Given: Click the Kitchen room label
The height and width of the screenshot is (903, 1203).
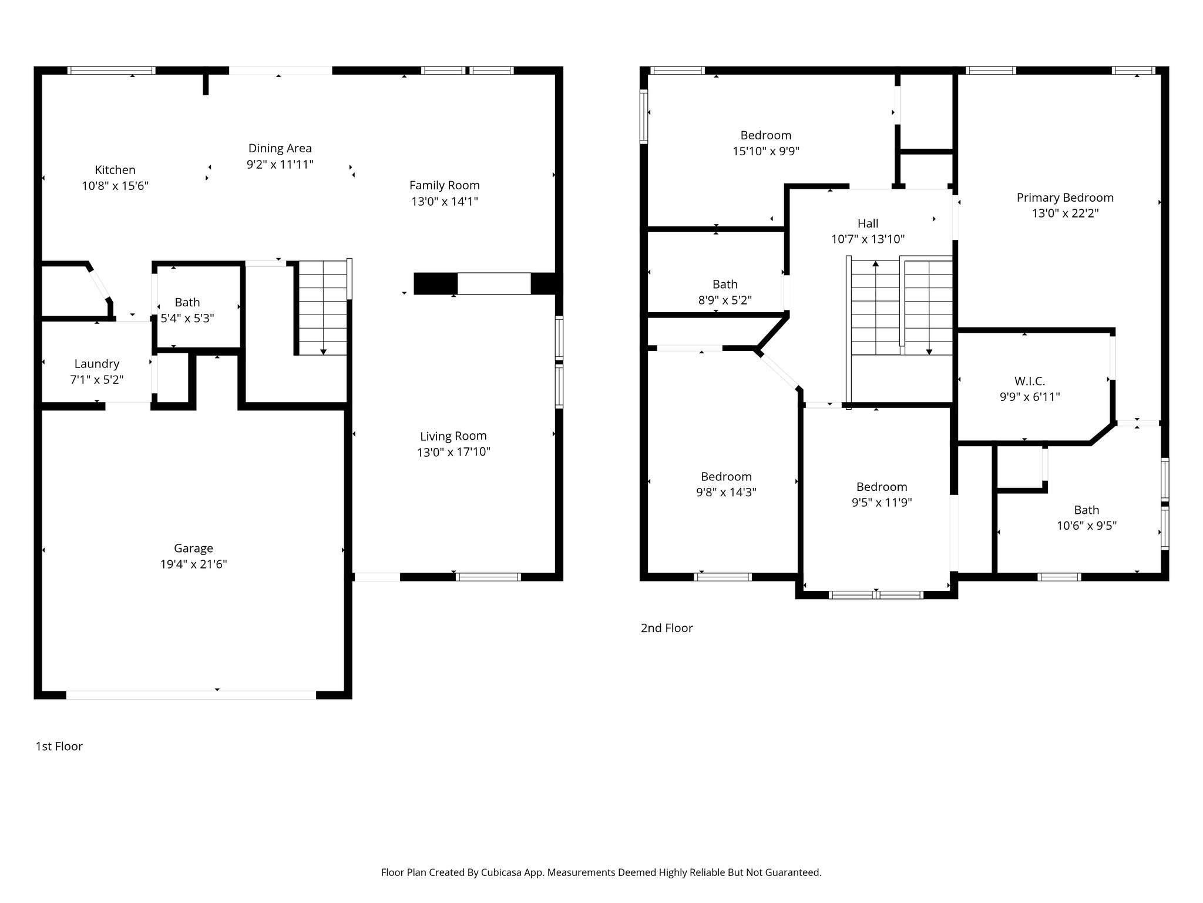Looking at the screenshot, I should (x=115, y=170).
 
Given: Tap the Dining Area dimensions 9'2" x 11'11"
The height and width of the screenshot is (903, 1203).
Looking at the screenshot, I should (x=280, y=165).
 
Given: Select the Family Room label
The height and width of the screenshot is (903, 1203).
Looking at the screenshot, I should (x=445, y=185).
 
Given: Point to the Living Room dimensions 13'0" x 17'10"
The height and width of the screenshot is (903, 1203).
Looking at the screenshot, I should (x=453, y=452).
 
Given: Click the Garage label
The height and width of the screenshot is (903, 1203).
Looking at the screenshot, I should (x=193, y=548).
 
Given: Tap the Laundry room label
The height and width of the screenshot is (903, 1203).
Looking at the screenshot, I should (x=97, y=364).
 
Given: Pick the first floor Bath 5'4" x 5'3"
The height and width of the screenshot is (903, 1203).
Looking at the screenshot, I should (x=187, y=310).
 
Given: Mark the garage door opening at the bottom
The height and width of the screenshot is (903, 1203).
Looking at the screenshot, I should (x=191, y=694).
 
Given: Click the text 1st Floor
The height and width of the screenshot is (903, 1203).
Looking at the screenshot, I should (x=59, y=746).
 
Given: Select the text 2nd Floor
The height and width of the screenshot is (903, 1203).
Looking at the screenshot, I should (x=667, y=628).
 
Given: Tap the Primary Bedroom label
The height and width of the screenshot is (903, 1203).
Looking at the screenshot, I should (x=1065, y=198).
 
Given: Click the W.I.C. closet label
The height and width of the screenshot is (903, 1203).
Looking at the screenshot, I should (x=1029, y=381).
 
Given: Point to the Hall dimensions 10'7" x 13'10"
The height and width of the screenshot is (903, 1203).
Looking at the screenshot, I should (x=868, y=239).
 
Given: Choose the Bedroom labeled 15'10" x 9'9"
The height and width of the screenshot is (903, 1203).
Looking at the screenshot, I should (x=765, y=143).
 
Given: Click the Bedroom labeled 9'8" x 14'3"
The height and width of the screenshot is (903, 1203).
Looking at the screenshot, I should (x=726, y=484).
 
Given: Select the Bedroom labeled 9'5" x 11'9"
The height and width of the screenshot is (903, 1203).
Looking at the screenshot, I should (x=881, y=494).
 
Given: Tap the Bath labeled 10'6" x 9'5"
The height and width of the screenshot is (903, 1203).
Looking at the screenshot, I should (x=1086, y=517).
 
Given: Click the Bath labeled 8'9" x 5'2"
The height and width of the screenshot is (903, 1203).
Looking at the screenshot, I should (x=725, y=292).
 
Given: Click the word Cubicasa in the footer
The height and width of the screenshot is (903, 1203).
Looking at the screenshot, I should (x=503, y=872).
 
